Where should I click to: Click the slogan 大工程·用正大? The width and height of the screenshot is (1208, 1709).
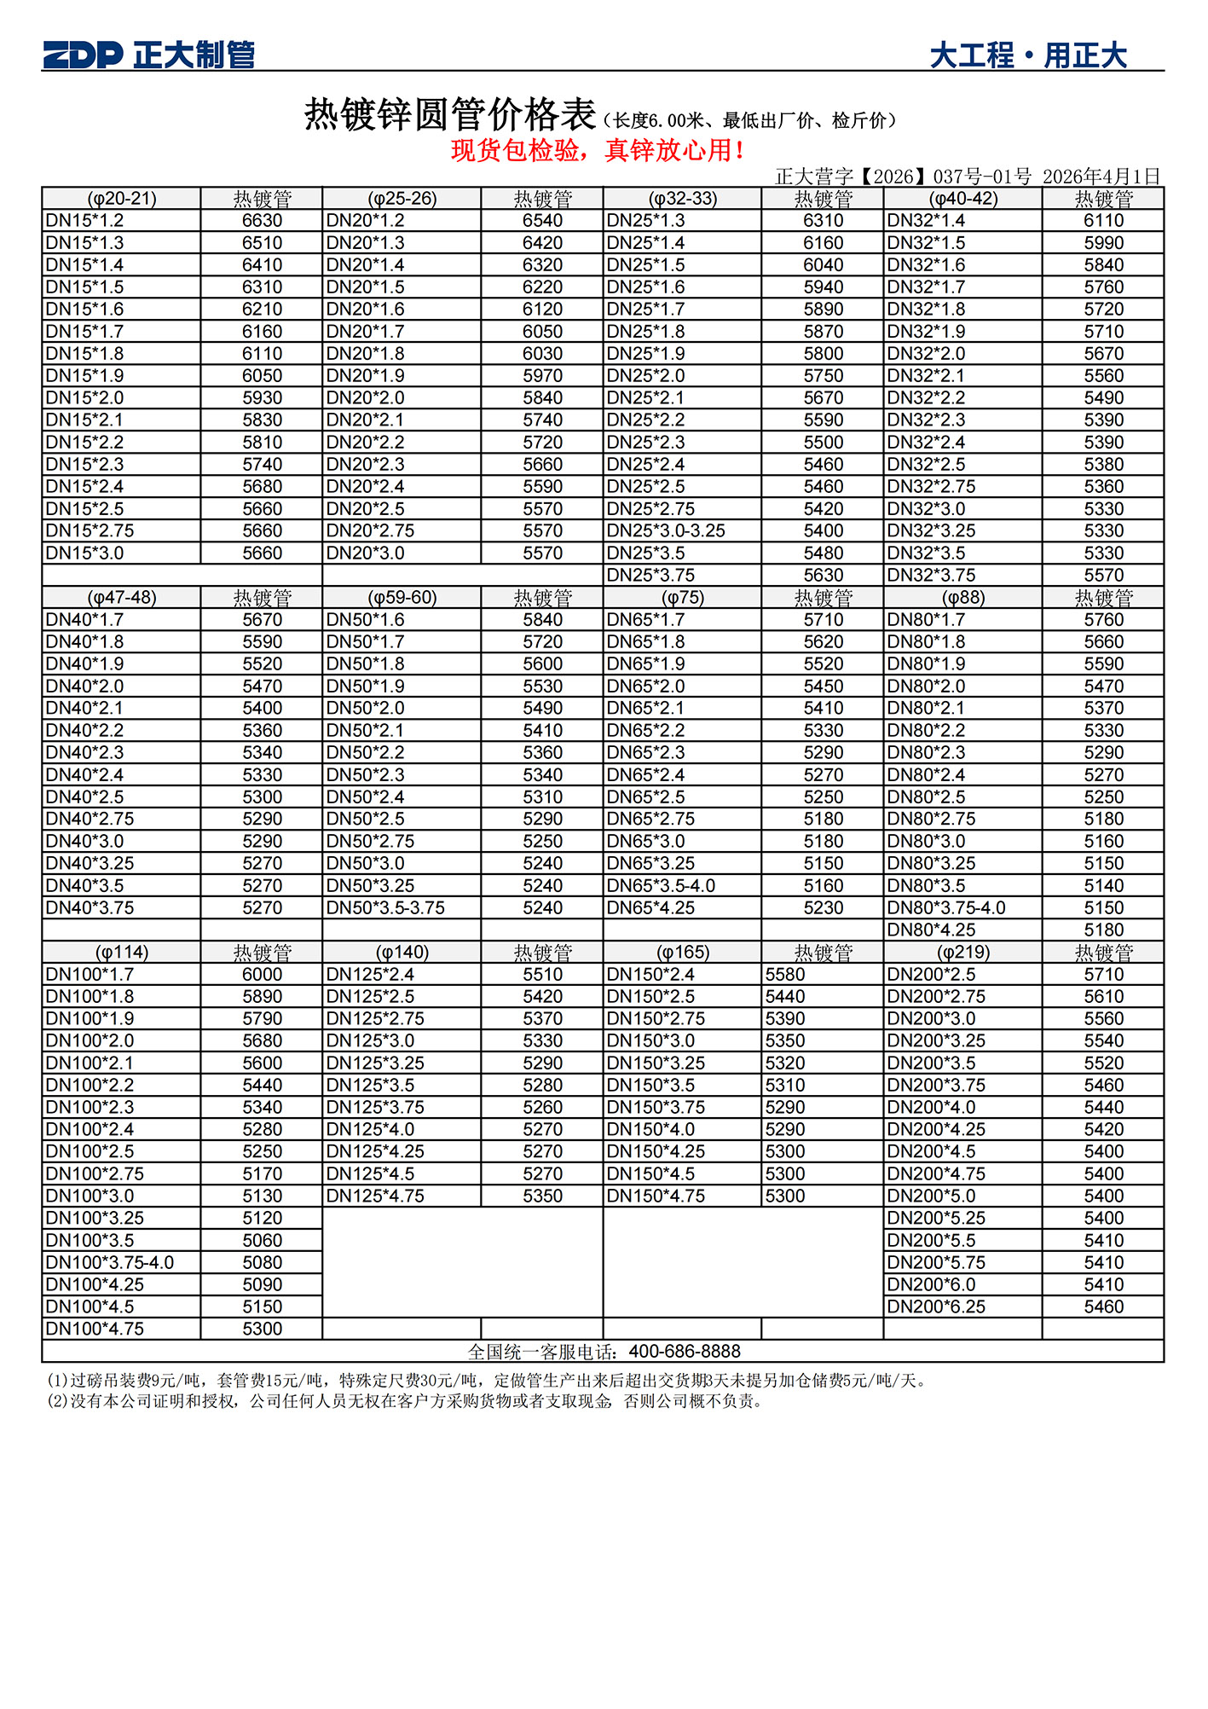(1027, 56)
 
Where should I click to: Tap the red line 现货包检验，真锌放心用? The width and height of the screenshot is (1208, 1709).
(598, 151)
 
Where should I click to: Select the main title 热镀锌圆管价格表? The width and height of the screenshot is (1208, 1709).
(450, 115)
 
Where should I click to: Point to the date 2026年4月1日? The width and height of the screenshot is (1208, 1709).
(1101, 177)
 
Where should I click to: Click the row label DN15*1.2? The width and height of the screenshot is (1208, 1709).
(84, 221)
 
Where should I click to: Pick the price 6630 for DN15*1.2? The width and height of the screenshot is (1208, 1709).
(262, 221)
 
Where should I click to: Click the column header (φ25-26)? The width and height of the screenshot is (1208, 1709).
(402, 199)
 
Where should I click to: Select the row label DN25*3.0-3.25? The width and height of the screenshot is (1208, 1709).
(665, 530)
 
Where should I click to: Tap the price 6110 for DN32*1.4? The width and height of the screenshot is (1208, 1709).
(1103, 221)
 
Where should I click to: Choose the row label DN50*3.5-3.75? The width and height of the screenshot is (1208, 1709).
(385, 907)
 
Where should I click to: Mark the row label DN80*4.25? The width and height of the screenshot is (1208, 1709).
(931, 930)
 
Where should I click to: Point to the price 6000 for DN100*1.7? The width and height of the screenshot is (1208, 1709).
(262, 974)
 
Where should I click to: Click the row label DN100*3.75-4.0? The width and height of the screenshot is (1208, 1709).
(109, 1262)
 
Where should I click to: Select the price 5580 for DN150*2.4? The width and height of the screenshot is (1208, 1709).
(785, 974)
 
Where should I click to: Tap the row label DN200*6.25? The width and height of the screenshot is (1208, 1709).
(936, 1306)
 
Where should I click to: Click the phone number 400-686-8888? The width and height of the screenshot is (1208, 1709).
(685, 1351)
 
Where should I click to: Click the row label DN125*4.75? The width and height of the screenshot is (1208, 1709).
(375, 1196)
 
